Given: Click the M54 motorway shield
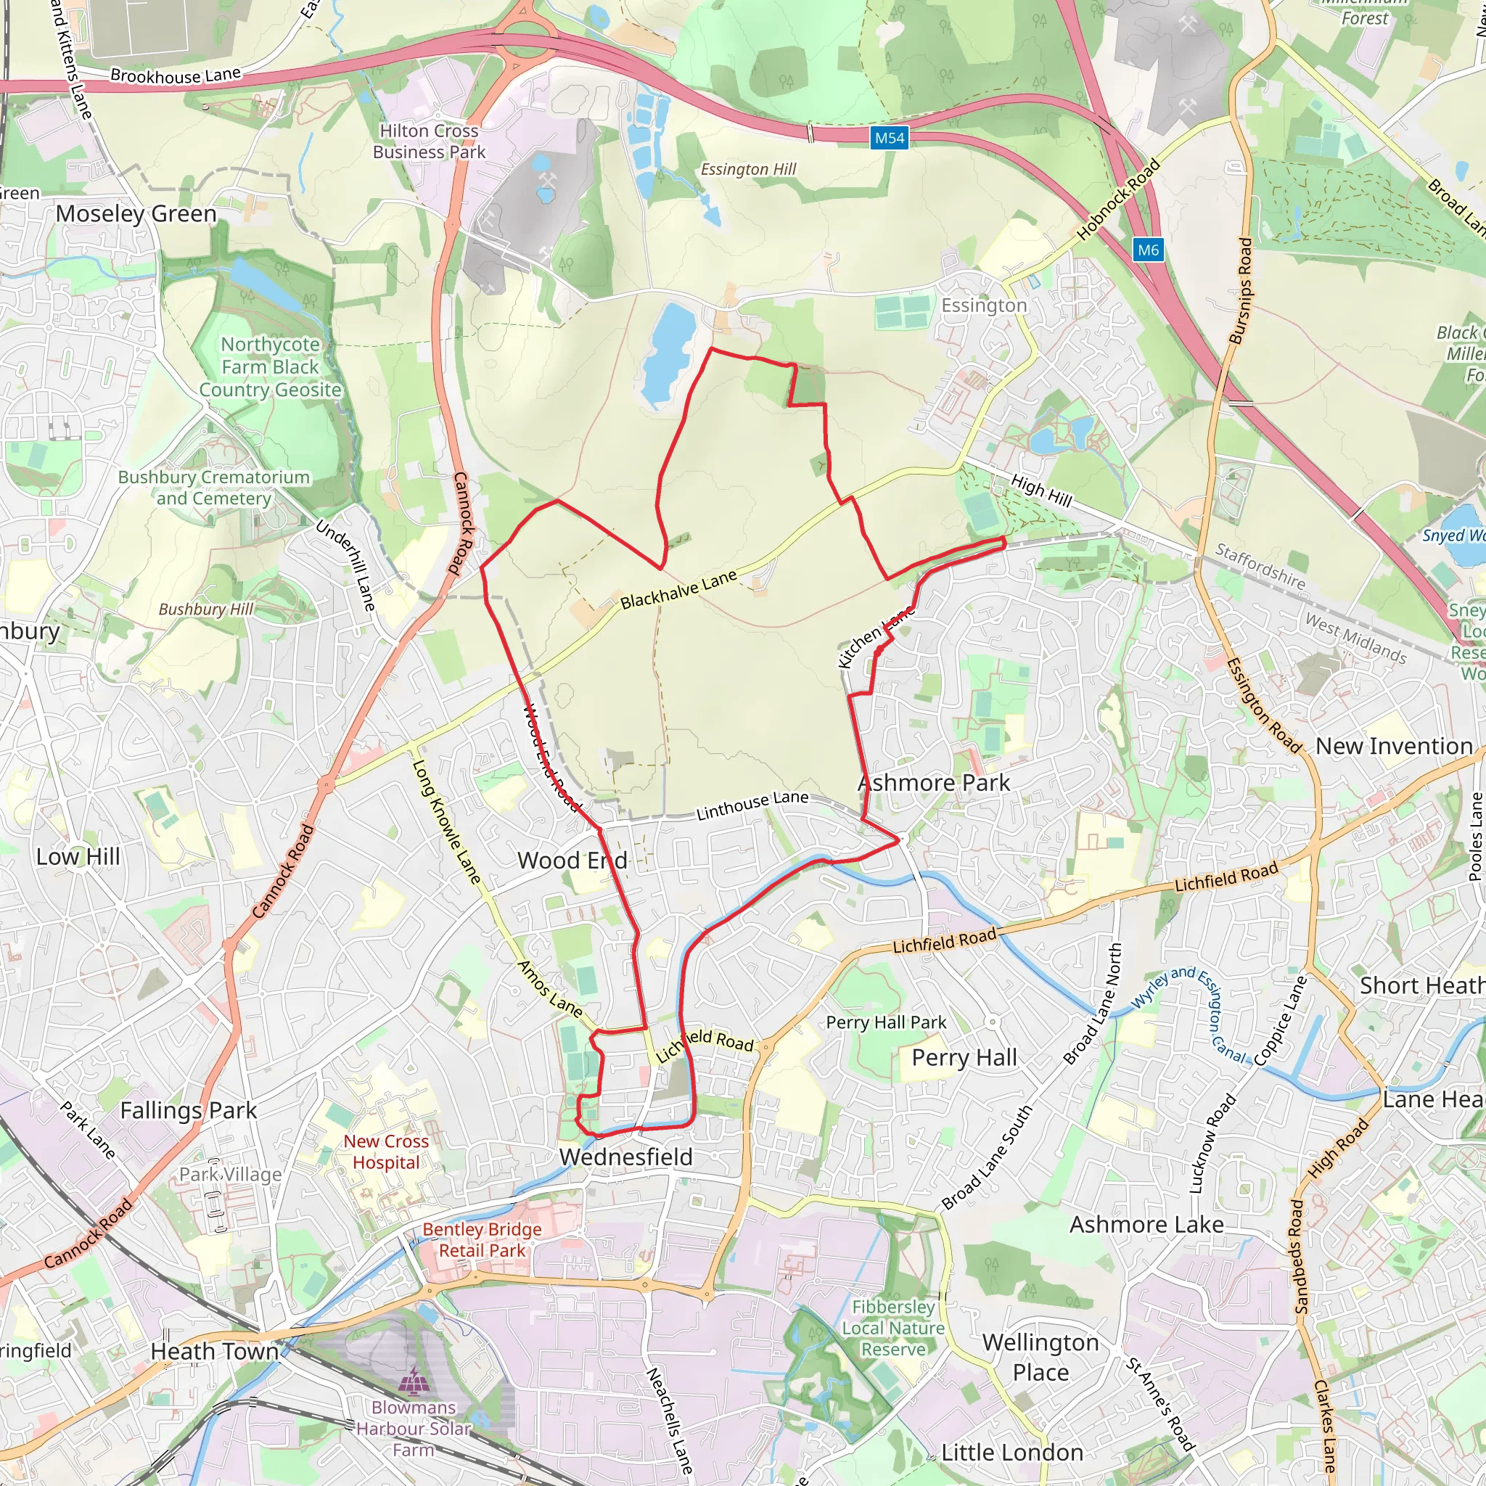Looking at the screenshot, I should (889, 139).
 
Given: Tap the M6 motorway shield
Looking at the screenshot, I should (1148, 250).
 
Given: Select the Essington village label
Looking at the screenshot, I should (984, 306).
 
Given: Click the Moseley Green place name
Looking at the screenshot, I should (136, 214).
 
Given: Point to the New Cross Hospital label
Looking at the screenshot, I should (386, 1152).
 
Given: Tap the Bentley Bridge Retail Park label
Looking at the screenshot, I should (483, 1240).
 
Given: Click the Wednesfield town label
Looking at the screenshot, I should (625, 1157).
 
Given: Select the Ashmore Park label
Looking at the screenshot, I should (934, 783).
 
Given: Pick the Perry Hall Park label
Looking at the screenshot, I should (886, 1022).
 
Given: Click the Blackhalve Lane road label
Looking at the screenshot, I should (678, 590).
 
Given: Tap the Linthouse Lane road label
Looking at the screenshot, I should (752, 805).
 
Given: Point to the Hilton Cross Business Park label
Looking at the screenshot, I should (430, 141).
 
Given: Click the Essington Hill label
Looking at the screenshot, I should (747, 169).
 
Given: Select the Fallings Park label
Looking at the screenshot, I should (189, 1111).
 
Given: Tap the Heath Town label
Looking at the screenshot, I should (215, 1351).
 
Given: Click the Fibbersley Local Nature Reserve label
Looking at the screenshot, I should (893, 1329).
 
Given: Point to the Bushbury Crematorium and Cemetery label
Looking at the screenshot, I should (214, 488).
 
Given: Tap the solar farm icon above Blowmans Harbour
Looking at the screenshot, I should (414, 1381).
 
